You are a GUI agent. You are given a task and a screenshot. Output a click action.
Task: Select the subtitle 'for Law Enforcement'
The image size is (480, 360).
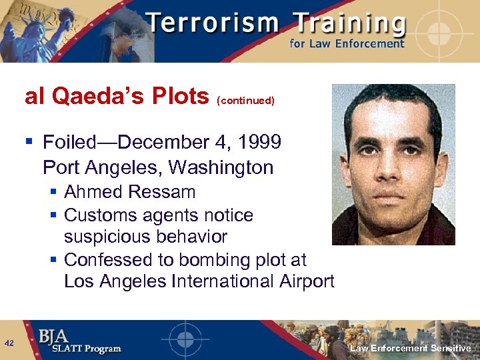(347, 44)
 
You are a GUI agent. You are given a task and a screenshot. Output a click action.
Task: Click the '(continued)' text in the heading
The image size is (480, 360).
(245, 101)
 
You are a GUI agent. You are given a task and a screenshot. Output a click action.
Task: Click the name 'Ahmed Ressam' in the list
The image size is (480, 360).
(130, 192)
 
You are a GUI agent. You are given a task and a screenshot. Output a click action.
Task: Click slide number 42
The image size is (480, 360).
(9, 343)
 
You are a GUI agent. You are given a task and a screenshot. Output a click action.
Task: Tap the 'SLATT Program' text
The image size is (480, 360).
(79, 349)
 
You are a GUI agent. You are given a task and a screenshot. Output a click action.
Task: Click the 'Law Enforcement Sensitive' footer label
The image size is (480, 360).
(411, 348)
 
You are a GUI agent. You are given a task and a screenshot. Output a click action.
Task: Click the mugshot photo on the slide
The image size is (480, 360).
(393, 164)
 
